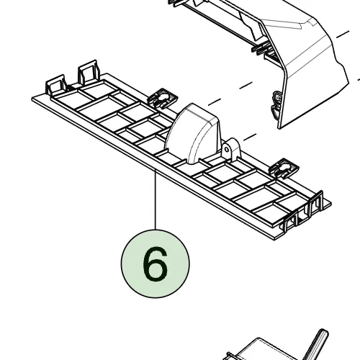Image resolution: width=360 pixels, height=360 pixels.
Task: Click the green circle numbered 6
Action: point(156,264)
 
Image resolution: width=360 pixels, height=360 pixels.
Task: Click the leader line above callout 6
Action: point(156,199)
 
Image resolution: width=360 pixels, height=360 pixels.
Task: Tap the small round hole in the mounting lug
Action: point(227,149)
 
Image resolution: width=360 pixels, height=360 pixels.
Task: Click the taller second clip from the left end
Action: point(89,72)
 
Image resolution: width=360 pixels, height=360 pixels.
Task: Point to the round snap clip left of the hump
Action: point(163,98)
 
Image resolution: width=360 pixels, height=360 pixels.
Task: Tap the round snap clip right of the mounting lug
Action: point(284,168)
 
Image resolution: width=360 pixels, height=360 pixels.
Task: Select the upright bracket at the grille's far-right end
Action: point(315,204)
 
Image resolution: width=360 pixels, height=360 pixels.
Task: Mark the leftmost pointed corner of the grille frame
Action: point(32,99)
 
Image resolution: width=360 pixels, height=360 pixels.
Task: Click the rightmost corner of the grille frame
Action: point(331,204)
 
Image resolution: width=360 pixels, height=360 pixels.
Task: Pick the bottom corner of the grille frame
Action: point(274,240)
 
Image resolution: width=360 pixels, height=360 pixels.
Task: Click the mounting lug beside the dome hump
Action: point(231,148)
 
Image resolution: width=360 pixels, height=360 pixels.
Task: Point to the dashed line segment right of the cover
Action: point(343,35)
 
